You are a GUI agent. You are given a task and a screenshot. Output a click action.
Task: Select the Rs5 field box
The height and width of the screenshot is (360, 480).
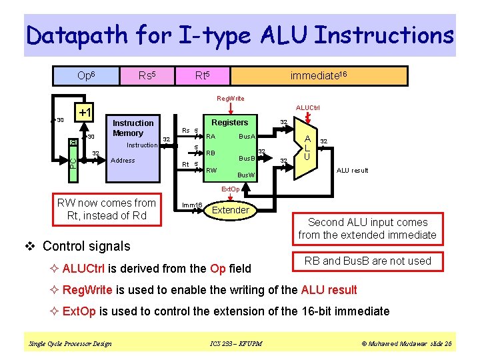point(146,77)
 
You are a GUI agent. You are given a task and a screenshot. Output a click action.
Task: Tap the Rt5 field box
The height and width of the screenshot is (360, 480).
point(202,77)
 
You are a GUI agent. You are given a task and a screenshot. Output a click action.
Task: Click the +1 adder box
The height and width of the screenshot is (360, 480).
point(85,112)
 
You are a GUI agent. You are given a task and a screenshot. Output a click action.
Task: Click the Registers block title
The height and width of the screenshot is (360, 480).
point(229,123)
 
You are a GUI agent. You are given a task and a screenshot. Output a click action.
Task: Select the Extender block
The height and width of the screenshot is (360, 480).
point(230,211)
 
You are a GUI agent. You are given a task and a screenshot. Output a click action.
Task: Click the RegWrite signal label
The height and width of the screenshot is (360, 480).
point(231,99)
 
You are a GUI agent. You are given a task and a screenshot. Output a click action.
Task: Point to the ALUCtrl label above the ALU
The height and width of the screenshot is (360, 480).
point(307,107)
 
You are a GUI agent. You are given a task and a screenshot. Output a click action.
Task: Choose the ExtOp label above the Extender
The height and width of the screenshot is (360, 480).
point(230,189)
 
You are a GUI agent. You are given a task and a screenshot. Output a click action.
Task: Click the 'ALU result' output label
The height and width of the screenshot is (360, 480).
point(352,171)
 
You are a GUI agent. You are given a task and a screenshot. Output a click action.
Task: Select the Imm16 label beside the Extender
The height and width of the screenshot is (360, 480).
point(193,205)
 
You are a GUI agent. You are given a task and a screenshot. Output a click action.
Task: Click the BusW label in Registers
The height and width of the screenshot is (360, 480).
point(246,175)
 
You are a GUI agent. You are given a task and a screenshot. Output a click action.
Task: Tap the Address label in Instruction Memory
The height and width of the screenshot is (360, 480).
point(123,161)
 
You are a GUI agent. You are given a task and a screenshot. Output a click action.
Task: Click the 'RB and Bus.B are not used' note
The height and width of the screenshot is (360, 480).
point(367,261)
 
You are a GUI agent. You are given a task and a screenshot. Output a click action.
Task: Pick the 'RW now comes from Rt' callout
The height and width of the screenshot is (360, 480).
point(107,209)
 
